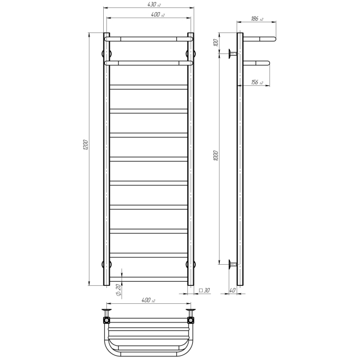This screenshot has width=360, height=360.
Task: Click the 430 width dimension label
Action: [x=154, y=4]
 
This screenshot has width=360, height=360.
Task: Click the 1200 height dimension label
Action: [x=85, y=145]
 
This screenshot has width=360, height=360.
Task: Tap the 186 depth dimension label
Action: [x=257, y=19]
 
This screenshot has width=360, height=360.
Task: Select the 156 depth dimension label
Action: [x=257, y=82]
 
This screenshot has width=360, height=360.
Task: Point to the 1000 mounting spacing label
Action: [x=215, y=156]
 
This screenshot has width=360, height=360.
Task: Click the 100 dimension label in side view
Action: [x=215, y=42]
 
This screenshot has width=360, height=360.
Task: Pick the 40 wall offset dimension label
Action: [x=232, y=290]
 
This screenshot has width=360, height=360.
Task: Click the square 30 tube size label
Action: [x=204, y=290]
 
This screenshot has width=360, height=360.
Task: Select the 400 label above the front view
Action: [x=158, y=14]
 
